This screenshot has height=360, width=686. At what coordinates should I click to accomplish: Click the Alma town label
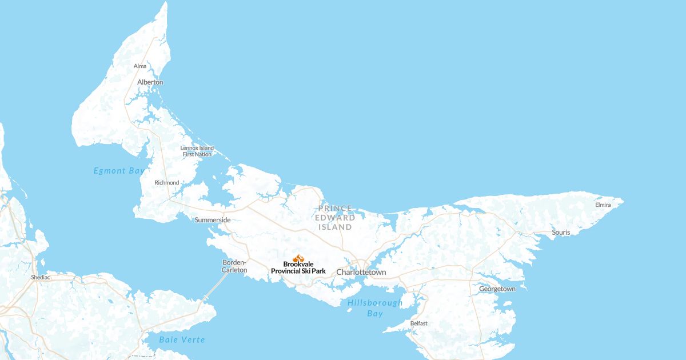click(x=140, y=66)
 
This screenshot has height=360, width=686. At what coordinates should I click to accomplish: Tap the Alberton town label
click(x=150, y=82)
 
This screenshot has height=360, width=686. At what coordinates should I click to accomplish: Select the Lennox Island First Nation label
click(x=197, y=151)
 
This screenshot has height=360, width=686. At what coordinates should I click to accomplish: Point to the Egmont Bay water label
click(x=119, y=170)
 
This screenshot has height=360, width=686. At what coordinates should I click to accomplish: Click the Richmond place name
click(x=167, y=183)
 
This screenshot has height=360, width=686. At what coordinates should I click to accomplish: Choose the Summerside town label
click(x=213, y=220)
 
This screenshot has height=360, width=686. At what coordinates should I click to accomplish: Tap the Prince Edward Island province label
click(x=335, y=218)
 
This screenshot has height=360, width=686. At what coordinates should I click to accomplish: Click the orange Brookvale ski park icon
click(x=298, y=258)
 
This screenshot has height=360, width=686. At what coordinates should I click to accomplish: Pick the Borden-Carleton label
click(x=234, y=266)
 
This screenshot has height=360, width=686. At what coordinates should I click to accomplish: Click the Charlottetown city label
click(x=361, y=273)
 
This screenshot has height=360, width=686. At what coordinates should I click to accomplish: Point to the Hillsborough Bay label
click(x=375, y=308)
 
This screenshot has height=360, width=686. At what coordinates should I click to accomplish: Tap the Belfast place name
click(x=418, y=323)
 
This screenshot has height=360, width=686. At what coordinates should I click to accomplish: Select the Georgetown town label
click(x=497, y=289)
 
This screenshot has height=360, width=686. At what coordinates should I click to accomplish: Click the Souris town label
click(x=561, y=233)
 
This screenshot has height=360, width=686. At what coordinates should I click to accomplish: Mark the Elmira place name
click(x=603, y=205)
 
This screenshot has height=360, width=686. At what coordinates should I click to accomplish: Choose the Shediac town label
click(x=41, y=277)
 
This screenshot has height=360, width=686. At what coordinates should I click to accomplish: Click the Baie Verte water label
click(x=182, y=339)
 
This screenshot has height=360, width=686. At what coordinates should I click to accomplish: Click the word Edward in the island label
click(x=335, y=218)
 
